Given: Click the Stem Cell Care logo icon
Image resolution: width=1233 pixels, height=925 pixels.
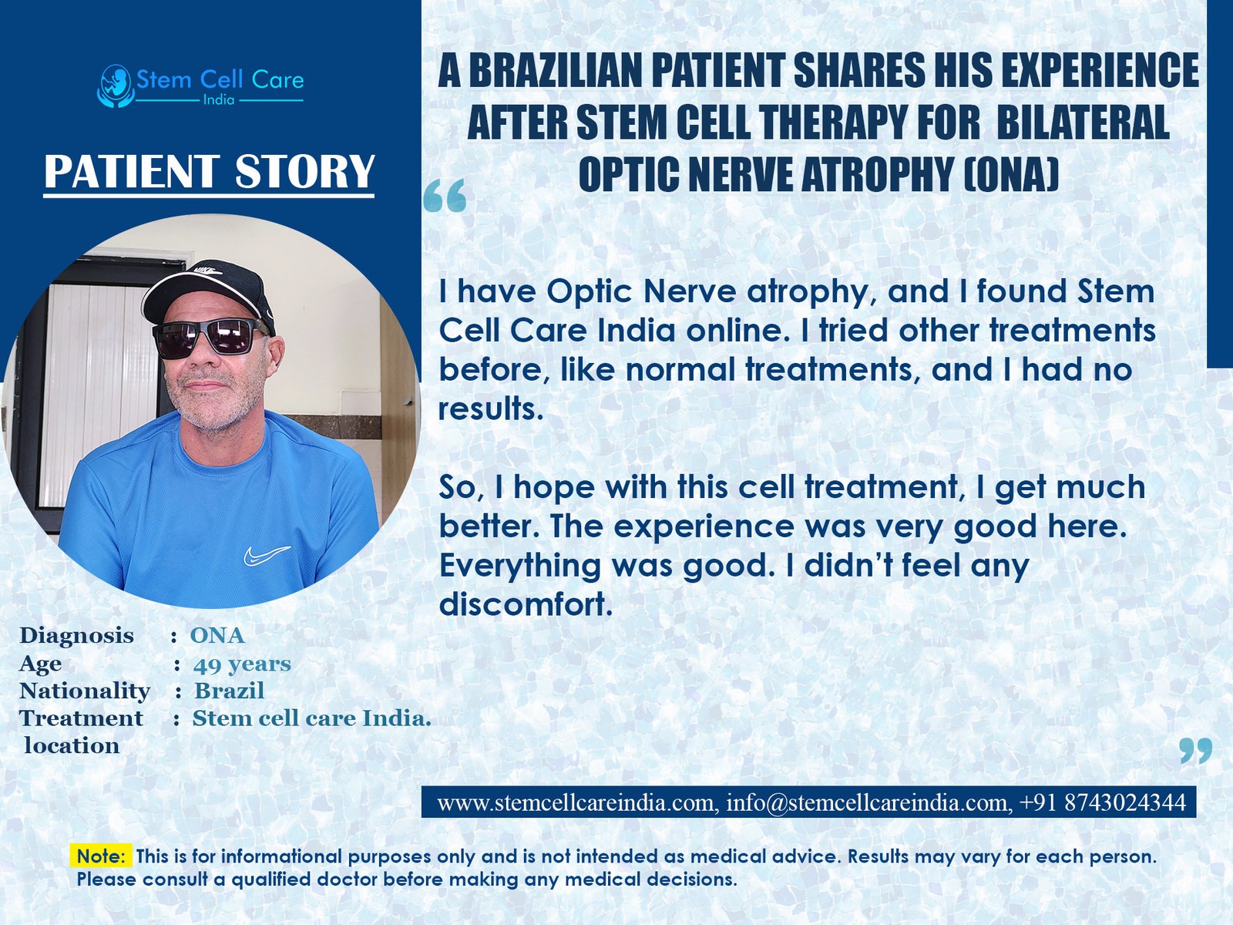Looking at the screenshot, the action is [x=115, y=86].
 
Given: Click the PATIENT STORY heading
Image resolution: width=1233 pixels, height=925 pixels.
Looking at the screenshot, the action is [x=209, y=171].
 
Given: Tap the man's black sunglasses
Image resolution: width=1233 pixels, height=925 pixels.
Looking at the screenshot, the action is [x=210, y=338].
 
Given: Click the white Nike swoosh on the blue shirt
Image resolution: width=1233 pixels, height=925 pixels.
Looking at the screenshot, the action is [x=267, y=554].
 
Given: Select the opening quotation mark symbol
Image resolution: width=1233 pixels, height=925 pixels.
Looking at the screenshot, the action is [x=445, y=196].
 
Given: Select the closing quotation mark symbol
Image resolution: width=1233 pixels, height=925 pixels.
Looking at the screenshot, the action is [x=1196, y=751].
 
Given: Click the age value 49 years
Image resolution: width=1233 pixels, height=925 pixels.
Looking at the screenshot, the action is [x=242, y=664].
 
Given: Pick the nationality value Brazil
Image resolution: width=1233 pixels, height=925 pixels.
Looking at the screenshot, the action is [x=229, y=690].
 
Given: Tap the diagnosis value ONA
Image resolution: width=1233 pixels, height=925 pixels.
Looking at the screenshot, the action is [x=217, y=636].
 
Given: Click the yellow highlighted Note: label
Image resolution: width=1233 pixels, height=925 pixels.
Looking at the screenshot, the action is [x=101, y=856].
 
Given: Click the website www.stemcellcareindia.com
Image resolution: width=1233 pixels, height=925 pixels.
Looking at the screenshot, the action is [x=575, y=802].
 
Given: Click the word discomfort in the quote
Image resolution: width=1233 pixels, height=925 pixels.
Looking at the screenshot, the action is [x=526, y=604].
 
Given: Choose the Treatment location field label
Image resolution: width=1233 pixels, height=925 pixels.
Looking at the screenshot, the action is [x=82, y=732].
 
